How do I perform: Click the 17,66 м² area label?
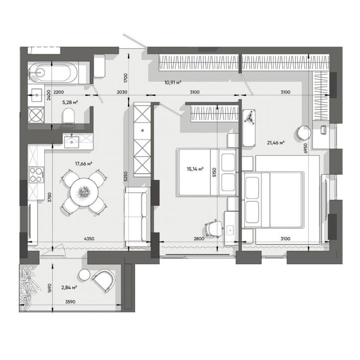coord(84,164)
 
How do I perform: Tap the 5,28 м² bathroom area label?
coord(70,103)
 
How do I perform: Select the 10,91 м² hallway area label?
coord(173,83)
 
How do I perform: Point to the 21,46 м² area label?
coord(276,143)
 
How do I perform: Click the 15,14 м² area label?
coord(195,169)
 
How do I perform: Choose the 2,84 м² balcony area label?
coord(69,287)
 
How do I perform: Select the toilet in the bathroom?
coord(68,116)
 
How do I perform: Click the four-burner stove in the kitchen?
coord(36,175)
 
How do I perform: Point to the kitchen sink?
coord(71,142)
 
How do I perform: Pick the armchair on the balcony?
coord(104,280)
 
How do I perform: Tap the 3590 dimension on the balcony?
coord(70,302)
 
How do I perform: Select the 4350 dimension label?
coord(89,239)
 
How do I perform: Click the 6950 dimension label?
coord(305,148)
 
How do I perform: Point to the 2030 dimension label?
coord(122,92)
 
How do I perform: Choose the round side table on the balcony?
coord(85,275)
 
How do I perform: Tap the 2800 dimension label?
coord(199,239)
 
